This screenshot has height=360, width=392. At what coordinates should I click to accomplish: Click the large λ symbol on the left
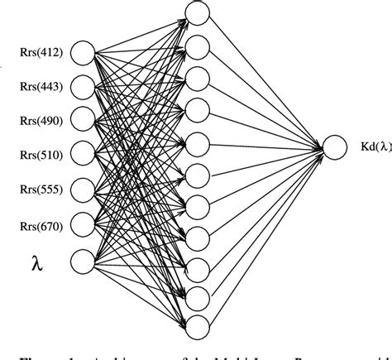click(x=36, y=264)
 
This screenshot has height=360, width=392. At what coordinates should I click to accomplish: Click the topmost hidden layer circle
click(x=196, y=12)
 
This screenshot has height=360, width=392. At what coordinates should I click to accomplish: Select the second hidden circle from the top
click(x=196, y=44)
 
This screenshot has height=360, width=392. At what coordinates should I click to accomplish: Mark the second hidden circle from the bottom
click(x=196, y=296)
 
